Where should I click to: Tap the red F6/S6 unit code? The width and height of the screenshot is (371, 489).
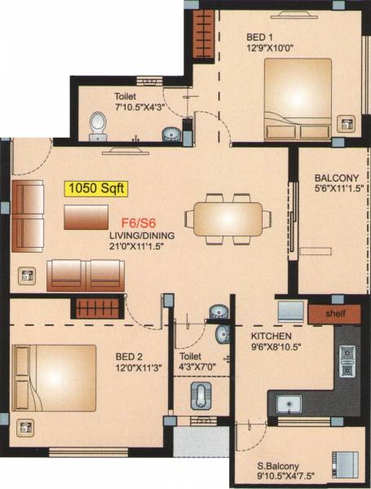tap(139, 222)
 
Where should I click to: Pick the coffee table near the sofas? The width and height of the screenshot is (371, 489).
tap(86, 216)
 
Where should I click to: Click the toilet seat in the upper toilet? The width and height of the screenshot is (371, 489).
tap(98, 127)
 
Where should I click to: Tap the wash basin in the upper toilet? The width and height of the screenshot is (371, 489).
tap(170, 133)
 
